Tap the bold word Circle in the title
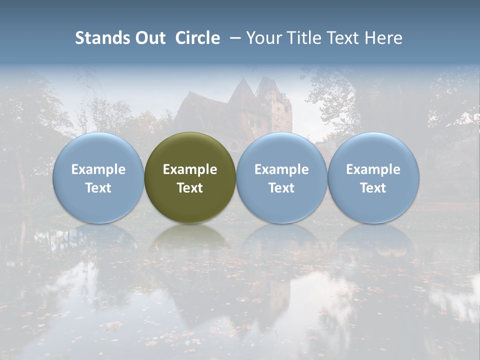click(x=197, y=38)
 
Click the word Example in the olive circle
click(x=190, y=169)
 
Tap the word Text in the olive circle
click(x=190, y=188)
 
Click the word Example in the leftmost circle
click(x=98, y=169)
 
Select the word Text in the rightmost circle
click(x=373, y=188)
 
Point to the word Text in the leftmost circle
click(x=98, y=188)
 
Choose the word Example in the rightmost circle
click(x=373, y=169)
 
